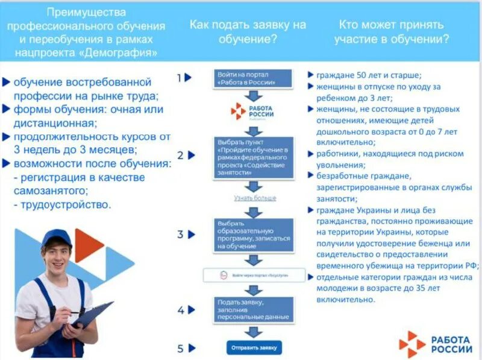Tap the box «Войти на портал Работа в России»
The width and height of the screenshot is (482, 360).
(x=254, y=78)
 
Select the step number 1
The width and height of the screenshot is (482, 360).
(x=179, y=77)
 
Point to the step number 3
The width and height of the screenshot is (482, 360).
(x=180, y=234)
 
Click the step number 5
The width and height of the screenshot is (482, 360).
(x=180, y=348)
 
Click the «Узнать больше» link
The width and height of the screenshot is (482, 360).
(x=255, y=198)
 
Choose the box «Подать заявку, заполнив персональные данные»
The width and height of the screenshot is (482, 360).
(x=254, y=309)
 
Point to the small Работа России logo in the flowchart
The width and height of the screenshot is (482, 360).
(x=254, y=112)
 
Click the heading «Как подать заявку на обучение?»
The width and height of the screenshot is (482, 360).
(x=248, y=32)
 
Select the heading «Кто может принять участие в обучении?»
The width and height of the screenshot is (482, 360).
(x=391, y=32)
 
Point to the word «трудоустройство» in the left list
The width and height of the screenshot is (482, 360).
(x=66, y=204)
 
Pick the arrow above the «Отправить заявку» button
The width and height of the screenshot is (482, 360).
(x=254, y=331)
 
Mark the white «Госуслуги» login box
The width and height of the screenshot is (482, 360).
(x=254, y=276)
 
